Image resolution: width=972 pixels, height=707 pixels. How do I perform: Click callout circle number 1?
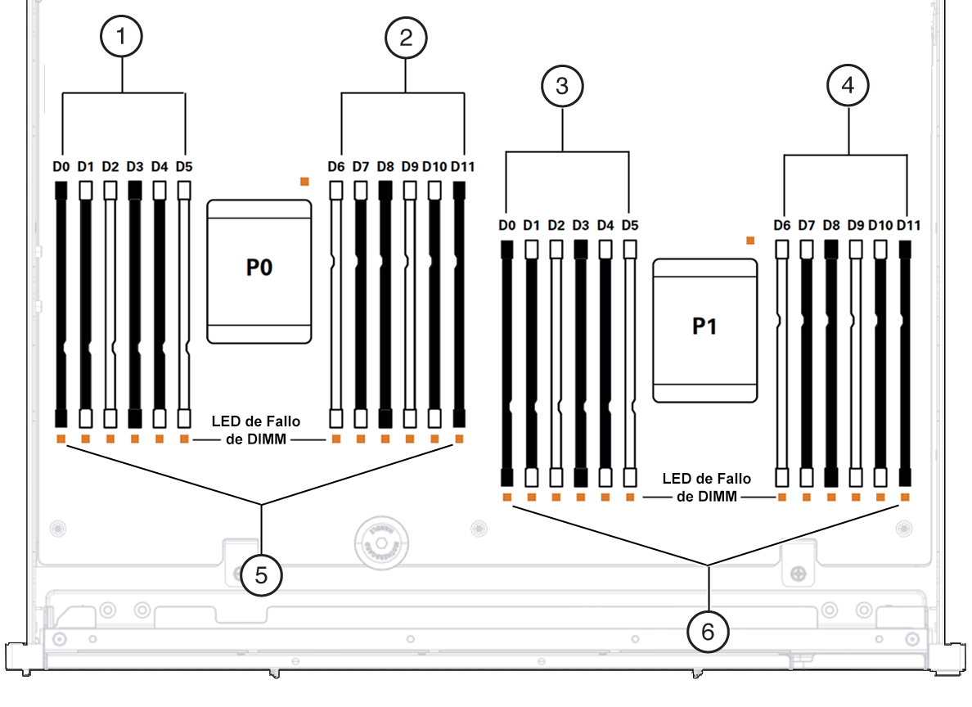tap(121, 36)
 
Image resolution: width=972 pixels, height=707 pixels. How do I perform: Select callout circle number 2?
tap(406, 38)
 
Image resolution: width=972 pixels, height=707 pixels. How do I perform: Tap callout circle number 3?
tap(562, 86)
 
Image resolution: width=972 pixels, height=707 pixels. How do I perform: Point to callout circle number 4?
tap(848, 85)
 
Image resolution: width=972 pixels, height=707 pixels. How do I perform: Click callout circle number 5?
tap(261, 575)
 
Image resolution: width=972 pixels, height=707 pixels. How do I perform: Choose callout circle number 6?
tap(708, 632)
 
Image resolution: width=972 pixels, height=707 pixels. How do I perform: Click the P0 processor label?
tap(259, 268)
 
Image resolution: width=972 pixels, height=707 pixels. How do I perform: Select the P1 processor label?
tap(704, 326)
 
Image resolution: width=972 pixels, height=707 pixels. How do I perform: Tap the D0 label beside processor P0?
tap(61, 166)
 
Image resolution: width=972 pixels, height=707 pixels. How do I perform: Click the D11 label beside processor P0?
tap(462, 166)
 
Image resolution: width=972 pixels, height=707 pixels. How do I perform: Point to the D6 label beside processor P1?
tap(781, 225)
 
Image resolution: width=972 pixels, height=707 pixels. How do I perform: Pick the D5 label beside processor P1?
tap(630, 225)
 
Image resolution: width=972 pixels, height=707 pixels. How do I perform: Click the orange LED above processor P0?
tap(304, 181)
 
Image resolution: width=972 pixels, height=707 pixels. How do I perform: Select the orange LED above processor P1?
tap(750, 240)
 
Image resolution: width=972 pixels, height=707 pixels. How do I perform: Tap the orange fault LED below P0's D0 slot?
tap(61, 439)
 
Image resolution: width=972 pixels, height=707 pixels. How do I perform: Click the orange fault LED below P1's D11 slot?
tap(905, 498)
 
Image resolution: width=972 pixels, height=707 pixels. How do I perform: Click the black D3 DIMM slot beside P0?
tap(134, 304)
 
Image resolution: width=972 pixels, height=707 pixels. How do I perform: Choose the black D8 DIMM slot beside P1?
tap(831, 363)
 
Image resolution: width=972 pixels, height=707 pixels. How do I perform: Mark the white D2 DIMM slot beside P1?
tap(556, 363)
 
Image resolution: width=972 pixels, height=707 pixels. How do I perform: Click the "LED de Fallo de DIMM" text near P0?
tap(256, 430)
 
